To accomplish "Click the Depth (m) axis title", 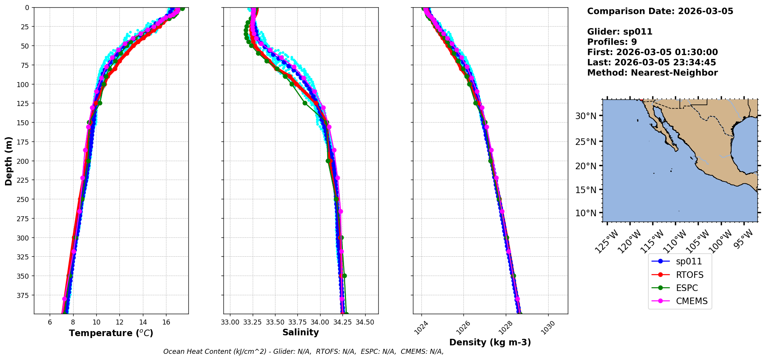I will click(8, 161).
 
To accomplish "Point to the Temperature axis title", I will click(111, 333).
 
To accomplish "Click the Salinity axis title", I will click(300, 332).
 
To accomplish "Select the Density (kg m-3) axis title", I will click(490, 342).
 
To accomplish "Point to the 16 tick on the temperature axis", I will click(166, 322).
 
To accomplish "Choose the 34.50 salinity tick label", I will click(365, 322).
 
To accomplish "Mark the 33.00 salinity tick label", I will click(230, 322).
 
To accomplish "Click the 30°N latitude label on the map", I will click(586, 116).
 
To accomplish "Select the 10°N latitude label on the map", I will click(586, 213).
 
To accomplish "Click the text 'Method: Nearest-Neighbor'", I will click(652, 73).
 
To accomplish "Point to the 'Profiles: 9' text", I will click(612, 42).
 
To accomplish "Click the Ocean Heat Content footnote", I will click(303, 352).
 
